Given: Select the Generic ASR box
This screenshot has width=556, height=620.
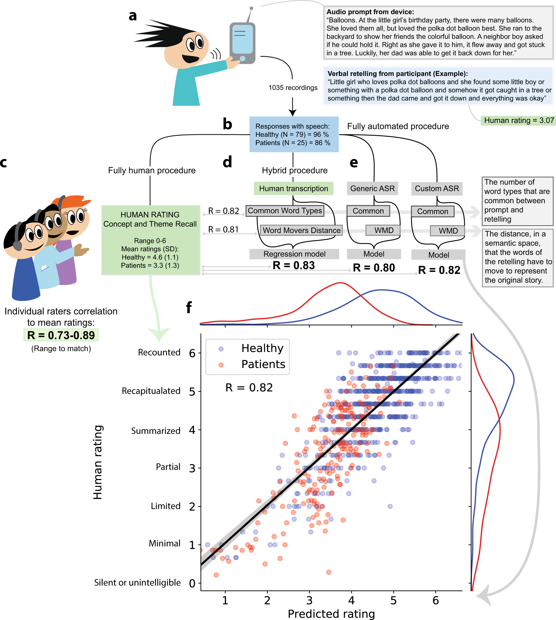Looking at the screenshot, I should [372, 189].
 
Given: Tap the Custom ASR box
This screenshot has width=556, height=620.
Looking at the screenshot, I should [437, 189].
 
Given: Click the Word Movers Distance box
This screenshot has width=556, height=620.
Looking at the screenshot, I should [301, 230].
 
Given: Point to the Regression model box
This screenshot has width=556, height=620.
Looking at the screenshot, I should [294, 254].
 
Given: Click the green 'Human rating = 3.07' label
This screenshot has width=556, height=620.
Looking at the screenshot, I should [518, 120].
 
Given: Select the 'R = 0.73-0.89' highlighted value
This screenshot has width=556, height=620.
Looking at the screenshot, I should [61, 335].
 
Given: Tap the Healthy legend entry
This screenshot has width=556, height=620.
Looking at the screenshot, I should [262, 348].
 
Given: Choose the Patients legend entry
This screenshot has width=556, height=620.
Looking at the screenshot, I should [263, 364].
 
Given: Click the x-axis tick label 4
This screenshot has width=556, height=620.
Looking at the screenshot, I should [351, 601].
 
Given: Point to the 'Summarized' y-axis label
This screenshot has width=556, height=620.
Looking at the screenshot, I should [156, 431].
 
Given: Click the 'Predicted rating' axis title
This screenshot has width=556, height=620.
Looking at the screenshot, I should [331, 614].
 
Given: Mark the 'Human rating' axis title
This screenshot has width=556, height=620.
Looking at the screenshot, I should [98, 462].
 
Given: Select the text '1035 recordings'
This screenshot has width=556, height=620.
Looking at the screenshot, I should [293, 88].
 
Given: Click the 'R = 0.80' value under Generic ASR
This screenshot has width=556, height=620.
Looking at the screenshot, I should [374, 268].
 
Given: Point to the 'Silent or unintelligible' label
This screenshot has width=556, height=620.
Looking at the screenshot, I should [137, 582].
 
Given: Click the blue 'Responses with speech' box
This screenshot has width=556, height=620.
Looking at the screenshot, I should [294, 134].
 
